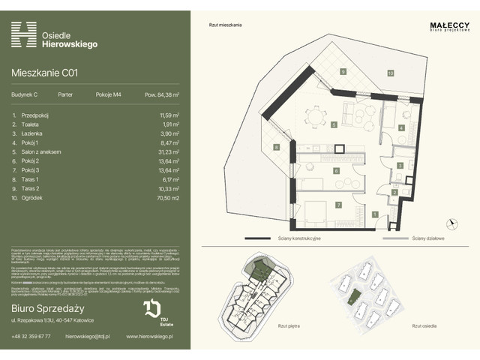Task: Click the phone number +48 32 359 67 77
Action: click(31, 336)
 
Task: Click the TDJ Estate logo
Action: click(151, 310)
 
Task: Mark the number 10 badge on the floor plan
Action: click(391, 73)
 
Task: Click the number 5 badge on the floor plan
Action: click(311, 126)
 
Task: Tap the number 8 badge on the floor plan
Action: click(276, 147)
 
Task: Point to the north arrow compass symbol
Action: click(450, 222)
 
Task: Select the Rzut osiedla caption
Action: click(424, 326)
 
